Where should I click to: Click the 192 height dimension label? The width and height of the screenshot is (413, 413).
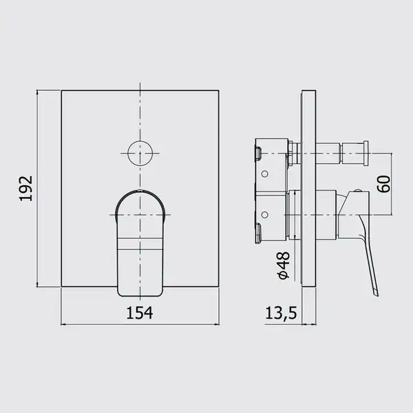pyautogui.click(x=26, y=188)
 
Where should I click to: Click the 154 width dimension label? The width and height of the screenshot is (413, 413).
pyautogui.click(x=140, y=313)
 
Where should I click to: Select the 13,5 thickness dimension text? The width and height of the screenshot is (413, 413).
pyautogui.click(x=281, y=313)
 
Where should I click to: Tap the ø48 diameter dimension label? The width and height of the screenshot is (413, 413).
pyautogui.click(x=283, y=265)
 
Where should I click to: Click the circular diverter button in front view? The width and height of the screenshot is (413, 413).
pyautogui.click(x=140, y=153)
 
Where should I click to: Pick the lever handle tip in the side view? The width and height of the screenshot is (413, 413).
pyautogui.click(x=377, y=294)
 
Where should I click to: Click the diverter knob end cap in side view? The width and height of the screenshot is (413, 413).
pyautogui.click(x=366, y=153)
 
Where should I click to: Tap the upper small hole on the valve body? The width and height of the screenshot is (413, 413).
pyautogui.click(x=265, y=174)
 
